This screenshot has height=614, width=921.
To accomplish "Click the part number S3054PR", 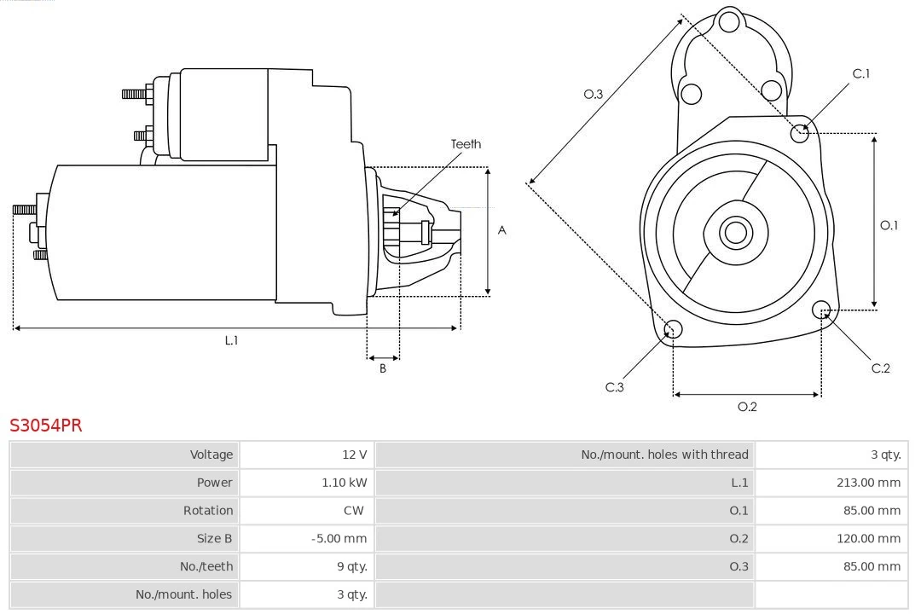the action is (x=46, y=425).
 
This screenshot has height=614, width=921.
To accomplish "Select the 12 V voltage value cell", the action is (x=355, y=455).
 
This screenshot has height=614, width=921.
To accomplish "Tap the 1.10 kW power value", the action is (x=345, y=483).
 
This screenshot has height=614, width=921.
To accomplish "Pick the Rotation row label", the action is (x=208, y=511).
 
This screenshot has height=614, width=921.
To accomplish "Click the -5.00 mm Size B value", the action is (x=339, y=538).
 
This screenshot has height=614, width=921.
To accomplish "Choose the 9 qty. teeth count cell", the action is (x=352, y=566).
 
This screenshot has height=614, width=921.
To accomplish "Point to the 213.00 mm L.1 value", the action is (x=868, y=483).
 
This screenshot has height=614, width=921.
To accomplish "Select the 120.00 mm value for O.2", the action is (x=868, y=538).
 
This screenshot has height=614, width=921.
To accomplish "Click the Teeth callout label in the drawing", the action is (x=466, y=144).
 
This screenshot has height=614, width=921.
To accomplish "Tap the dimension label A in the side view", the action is (x=501, y=230).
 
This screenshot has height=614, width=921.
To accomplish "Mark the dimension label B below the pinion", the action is (x=382, y=368).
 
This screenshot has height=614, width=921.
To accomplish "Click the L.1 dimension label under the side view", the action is (x=231, y=340).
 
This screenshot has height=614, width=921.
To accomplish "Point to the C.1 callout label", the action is (x=860, y=73).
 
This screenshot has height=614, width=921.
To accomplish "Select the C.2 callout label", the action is (x=880, y=368).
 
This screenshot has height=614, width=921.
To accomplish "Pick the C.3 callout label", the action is (x=614, y=387).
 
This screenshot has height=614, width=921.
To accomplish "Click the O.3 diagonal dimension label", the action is (x=594, y=94).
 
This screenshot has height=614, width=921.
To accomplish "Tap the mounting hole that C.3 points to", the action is (x=673, y=329).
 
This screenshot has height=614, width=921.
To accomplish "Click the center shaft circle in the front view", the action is (x=735, y=232).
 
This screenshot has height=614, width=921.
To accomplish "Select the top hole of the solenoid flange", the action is (x=729, y=22).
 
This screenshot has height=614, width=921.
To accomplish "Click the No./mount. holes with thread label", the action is (x=664, y=455).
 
